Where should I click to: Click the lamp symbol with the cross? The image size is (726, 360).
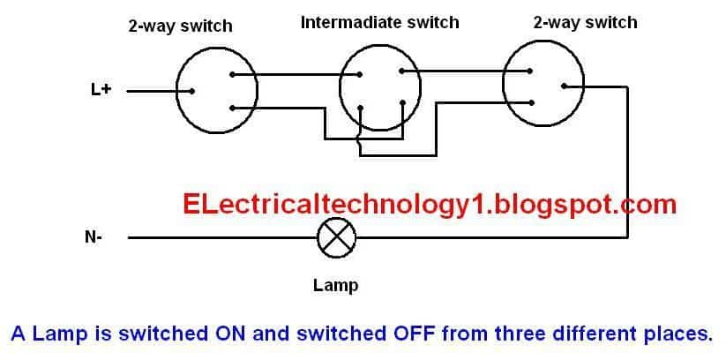337,237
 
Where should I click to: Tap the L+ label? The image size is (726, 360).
101,90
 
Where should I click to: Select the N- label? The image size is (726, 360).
94,237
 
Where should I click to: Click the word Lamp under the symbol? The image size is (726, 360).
335,285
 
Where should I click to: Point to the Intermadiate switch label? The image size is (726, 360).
379,22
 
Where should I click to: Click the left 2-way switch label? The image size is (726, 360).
180,26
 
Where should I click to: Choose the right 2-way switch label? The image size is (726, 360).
585,22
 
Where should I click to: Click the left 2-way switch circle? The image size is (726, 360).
176,91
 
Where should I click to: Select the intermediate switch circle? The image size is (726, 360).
340,88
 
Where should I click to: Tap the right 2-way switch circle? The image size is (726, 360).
503,84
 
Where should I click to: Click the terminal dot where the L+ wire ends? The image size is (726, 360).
191,91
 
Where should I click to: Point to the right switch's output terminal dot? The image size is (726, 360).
564,86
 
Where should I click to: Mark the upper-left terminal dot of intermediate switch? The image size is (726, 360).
359,75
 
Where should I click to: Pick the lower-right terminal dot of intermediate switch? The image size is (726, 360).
403,102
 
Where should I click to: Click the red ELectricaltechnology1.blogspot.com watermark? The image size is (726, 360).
430,206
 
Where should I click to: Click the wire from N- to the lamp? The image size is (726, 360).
222,237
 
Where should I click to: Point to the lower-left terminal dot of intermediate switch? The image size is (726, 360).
361,107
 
